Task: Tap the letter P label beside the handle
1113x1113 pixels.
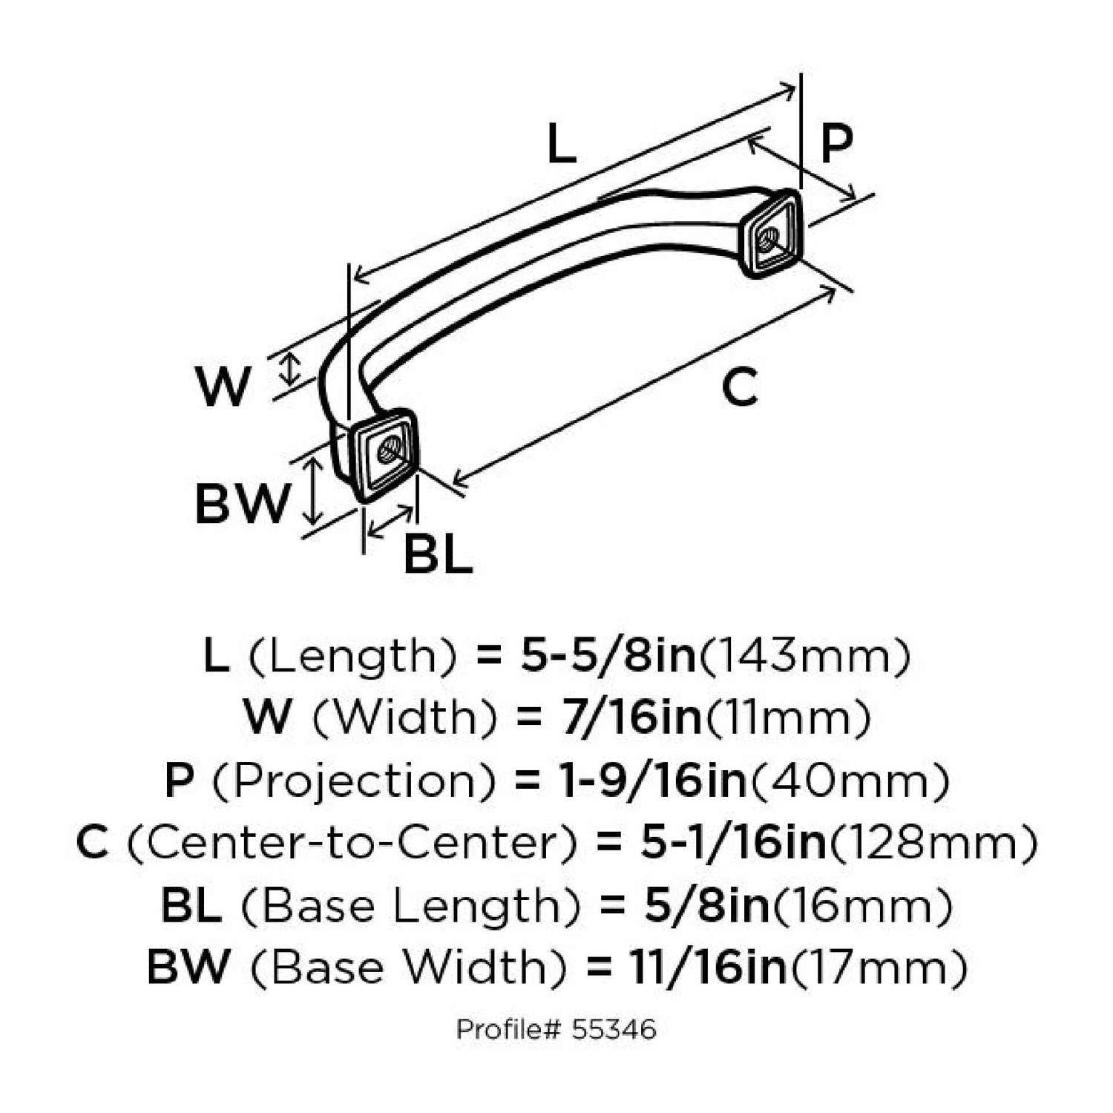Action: pyautogui.click(x=836, y=143)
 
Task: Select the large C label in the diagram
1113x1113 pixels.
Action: pyautogui.click(x=740, y=387)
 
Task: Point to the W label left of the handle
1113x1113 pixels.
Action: pyautogui.click(x=223, y=387)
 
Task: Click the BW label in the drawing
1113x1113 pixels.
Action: pyautogui.click(x=241, y=504)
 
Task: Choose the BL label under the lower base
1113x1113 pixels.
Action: pyautogui.click(x=438, y=554)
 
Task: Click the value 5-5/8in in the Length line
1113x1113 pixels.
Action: pyautogui.click(x=608, y=656)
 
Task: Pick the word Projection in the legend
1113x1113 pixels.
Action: pyautogui.click(x=355, y=781)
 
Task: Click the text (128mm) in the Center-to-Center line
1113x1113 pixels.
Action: pyautogui.click(x=932, y=843)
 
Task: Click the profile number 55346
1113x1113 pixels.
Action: pyautogui.click(x=614, y=1029)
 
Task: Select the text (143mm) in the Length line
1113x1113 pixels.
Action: pyautogui.click(x=804, y=656)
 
